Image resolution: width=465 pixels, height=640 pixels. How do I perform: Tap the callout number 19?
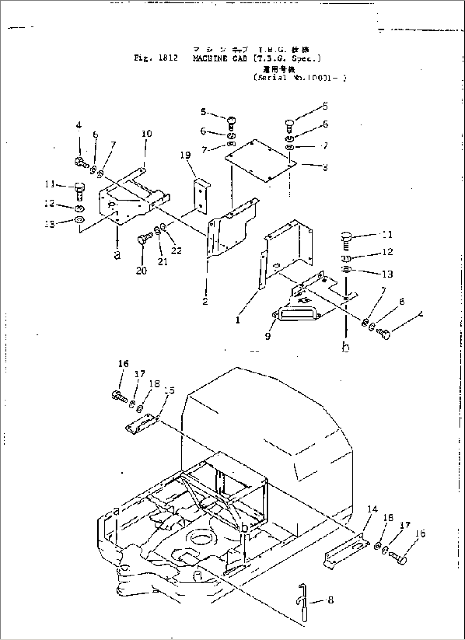point(186,155)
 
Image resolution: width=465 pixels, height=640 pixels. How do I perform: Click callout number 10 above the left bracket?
point(146,134)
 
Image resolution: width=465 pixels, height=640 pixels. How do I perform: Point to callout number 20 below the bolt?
point(142,271)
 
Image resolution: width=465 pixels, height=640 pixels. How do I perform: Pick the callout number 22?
point(176,251)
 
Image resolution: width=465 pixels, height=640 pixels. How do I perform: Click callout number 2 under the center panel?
point(205,301)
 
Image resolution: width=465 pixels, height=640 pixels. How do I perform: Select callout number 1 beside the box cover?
point(238,320)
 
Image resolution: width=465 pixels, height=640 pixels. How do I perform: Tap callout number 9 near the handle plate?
point(267,336)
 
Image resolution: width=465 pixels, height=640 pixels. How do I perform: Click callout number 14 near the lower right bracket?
point(372,509)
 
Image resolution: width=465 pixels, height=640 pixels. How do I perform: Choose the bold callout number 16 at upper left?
point(123,364)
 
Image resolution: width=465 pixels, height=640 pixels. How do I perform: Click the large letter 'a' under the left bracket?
point(117,255)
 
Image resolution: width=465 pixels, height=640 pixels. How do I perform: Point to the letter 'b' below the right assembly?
point(346,348)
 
